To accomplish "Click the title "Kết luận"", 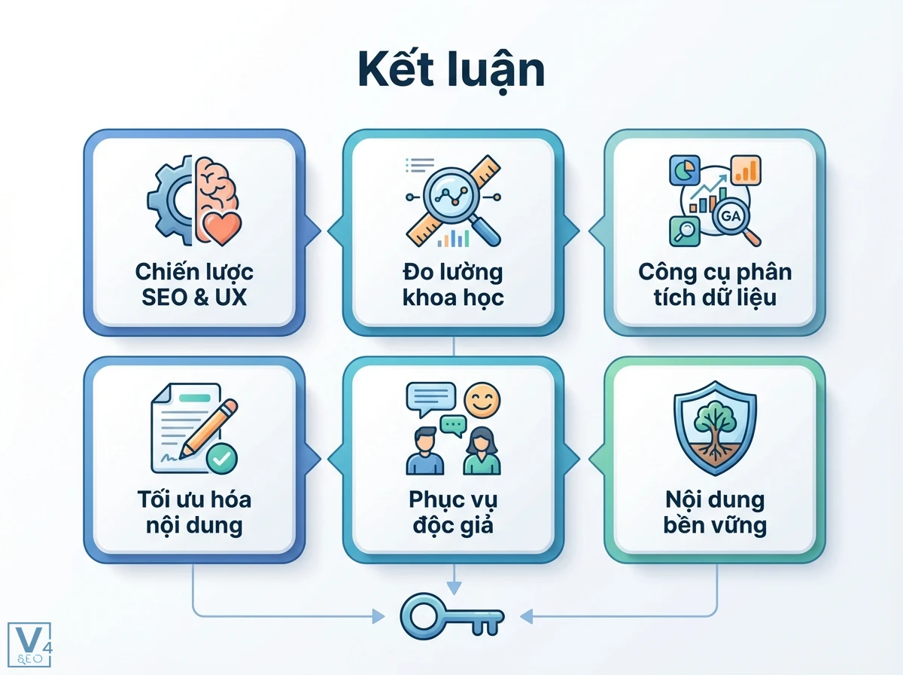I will (x=451, y=72).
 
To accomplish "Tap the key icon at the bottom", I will (x=452, y=617).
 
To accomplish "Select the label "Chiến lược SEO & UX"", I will (x=194, y=284).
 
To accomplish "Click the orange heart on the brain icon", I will (x=222, y=226).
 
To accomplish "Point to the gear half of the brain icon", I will (x=169, y=200).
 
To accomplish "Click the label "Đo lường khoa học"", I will (x=452, y=284).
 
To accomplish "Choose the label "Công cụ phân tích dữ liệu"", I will (x=715, y=284).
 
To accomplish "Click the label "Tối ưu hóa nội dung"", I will (x=194, y=512).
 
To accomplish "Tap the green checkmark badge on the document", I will (x=222, y=457).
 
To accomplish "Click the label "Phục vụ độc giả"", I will (x=452, y=512).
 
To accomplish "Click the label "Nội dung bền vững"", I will (x=715, y=512).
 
